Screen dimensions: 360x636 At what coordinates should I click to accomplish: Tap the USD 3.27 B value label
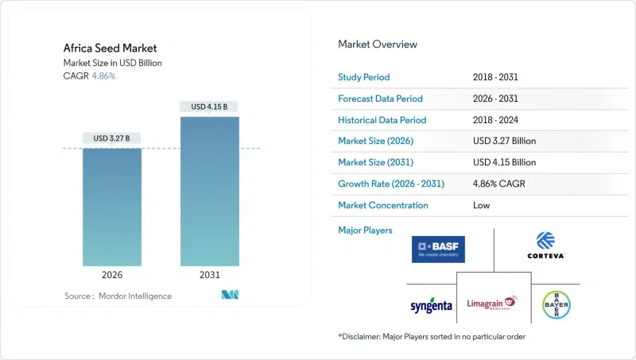112,138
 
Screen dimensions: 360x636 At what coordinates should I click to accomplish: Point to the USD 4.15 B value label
210,106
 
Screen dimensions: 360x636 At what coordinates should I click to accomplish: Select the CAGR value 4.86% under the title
103,76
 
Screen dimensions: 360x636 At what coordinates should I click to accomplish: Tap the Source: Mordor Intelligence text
118,296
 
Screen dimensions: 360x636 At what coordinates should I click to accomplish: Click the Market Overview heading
378,45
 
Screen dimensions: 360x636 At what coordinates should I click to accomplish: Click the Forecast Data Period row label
381,99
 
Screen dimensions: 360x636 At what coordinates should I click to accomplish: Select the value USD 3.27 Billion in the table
504,141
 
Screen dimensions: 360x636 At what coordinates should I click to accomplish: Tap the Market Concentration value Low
481,205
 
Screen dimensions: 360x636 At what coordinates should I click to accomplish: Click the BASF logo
438,249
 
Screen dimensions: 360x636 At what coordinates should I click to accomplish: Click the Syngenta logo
432,306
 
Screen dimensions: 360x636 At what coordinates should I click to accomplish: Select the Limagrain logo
489,303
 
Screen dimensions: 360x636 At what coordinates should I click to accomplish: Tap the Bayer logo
555,305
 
